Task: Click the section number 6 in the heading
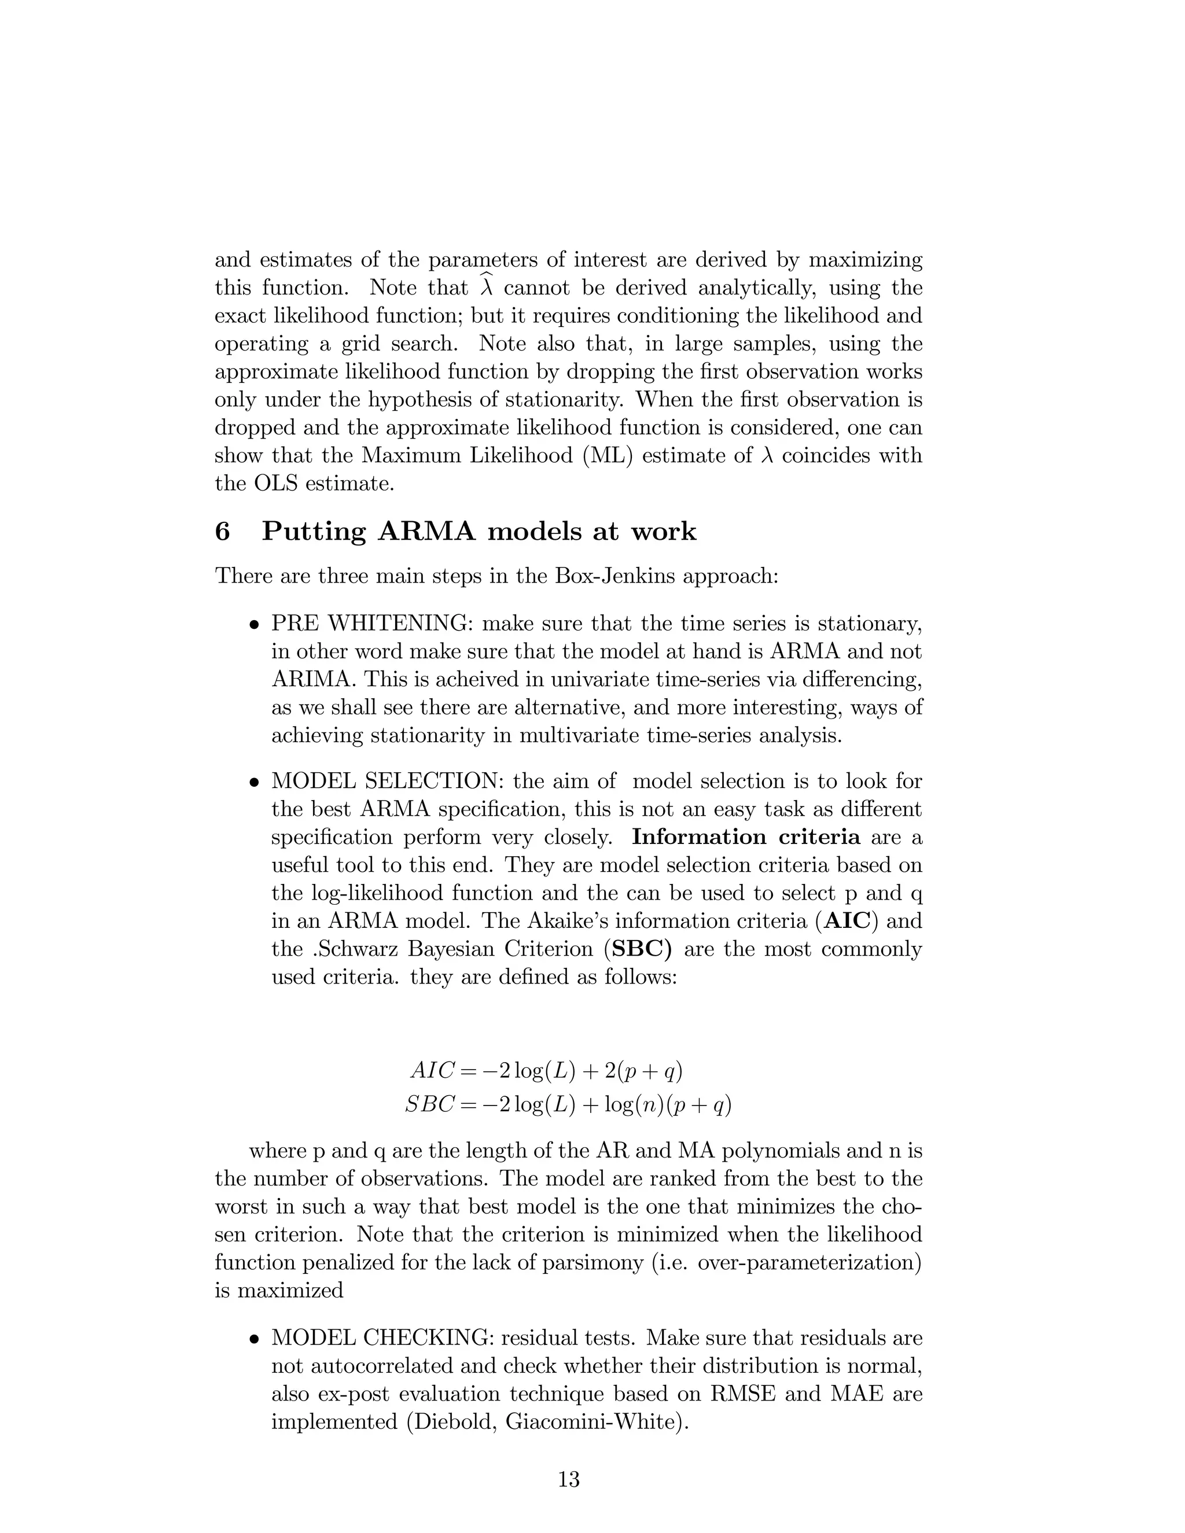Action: [x=222, y=532]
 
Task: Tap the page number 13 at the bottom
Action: [x=569, y=1480]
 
